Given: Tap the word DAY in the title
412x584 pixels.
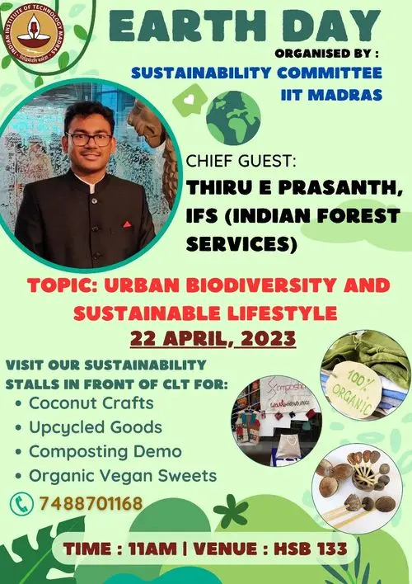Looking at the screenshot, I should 321,26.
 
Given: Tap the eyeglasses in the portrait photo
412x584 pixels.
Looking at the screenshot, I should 90,139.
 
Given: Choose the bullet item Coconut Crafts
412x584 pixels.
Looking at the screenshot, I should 90,403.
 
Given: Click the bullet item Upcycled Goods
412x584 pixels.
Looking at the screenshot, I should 95,427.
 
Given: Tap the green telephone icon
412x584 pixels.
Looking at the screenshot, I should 20,502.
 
